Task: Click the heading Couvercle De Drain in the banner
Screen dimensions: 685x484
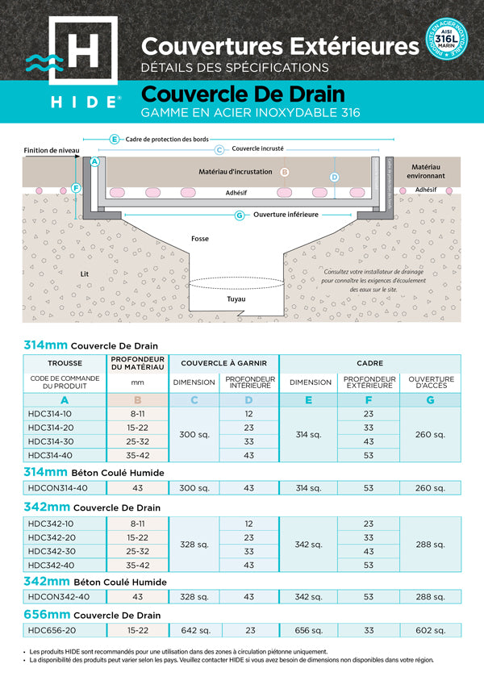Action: (243, 95)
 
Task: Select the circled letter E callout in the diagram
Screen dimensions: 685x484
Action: (115, 139)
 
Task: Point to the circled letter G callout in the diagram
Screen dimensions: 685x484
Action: (240, 215)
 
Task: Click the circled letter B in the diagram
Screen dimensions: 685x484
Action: (284, 172)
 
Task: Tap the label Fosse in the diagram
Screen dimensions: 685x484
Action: (199, 239)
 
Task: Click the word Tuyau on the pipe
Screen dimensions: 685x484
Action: (236, 299)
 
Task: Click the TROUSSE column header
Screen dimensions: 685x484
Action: (65, 364)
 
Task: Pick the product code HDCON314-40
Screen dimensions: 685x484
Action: (58, 487)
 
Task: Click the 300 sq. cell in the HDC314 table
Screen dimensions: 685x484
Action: (193, 434)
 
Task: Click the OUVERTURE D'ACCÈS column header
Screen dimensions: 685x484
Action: (430, 382)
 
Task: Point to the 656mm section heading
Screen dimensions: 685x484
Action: (92, 616)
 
